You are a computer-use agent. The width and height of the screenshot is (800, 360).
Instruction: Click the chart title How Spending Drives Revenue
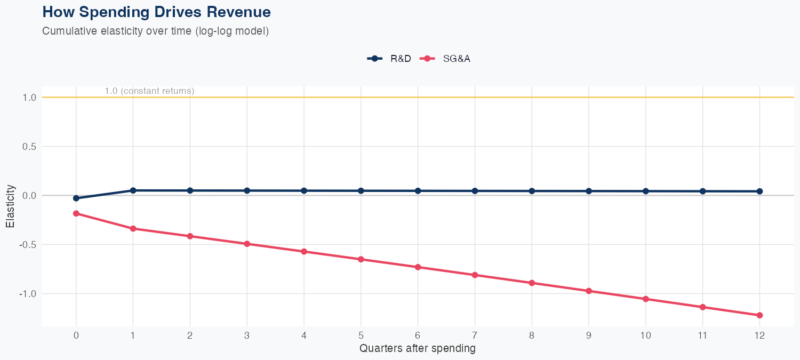pos(156,12)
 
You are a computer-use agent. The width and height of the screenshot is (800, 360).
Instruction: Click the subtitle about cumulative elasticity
pos(155,31)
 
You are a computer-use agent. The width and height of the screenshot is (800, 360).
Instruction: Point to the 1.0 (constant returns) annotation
pos(149,91)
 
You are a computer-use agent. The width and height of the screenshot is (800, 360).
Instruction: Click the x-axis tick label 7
pos(475,335)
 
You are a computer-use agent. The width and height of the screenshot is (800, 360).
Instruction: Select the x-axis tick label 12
pos(759,335)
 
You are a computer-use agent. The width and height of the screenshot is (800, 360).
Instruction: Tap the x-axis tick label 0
pos(76,335)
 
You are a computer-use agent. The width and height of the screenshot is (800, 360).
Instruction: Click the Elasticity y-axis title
pos(11,206)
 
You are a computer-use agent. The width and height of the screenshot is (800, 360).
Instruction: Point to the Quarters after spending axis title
pos(417,349)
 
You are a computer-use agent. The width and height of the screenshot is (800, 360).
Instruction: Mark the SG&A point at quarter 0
pos(76,213)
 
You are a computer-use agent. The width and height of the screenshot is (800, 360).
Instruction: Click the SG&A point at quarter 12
pos(759,315)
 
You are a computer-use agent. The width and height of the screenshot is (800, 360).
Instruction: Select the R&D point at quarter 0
pos(76,198)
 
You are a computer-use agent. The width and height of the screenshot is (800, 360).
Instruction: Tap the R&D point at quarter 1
pos(133,190)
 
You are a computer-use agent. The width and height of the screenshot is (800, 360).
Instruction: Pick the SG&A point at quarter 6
pos(418,267)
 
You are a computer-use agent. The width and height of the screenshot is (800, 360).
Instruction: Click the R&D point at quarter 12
pos(759,191)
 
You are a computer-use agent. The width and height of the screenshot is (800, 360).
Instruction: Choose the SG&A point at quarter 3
pos(247,244)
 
